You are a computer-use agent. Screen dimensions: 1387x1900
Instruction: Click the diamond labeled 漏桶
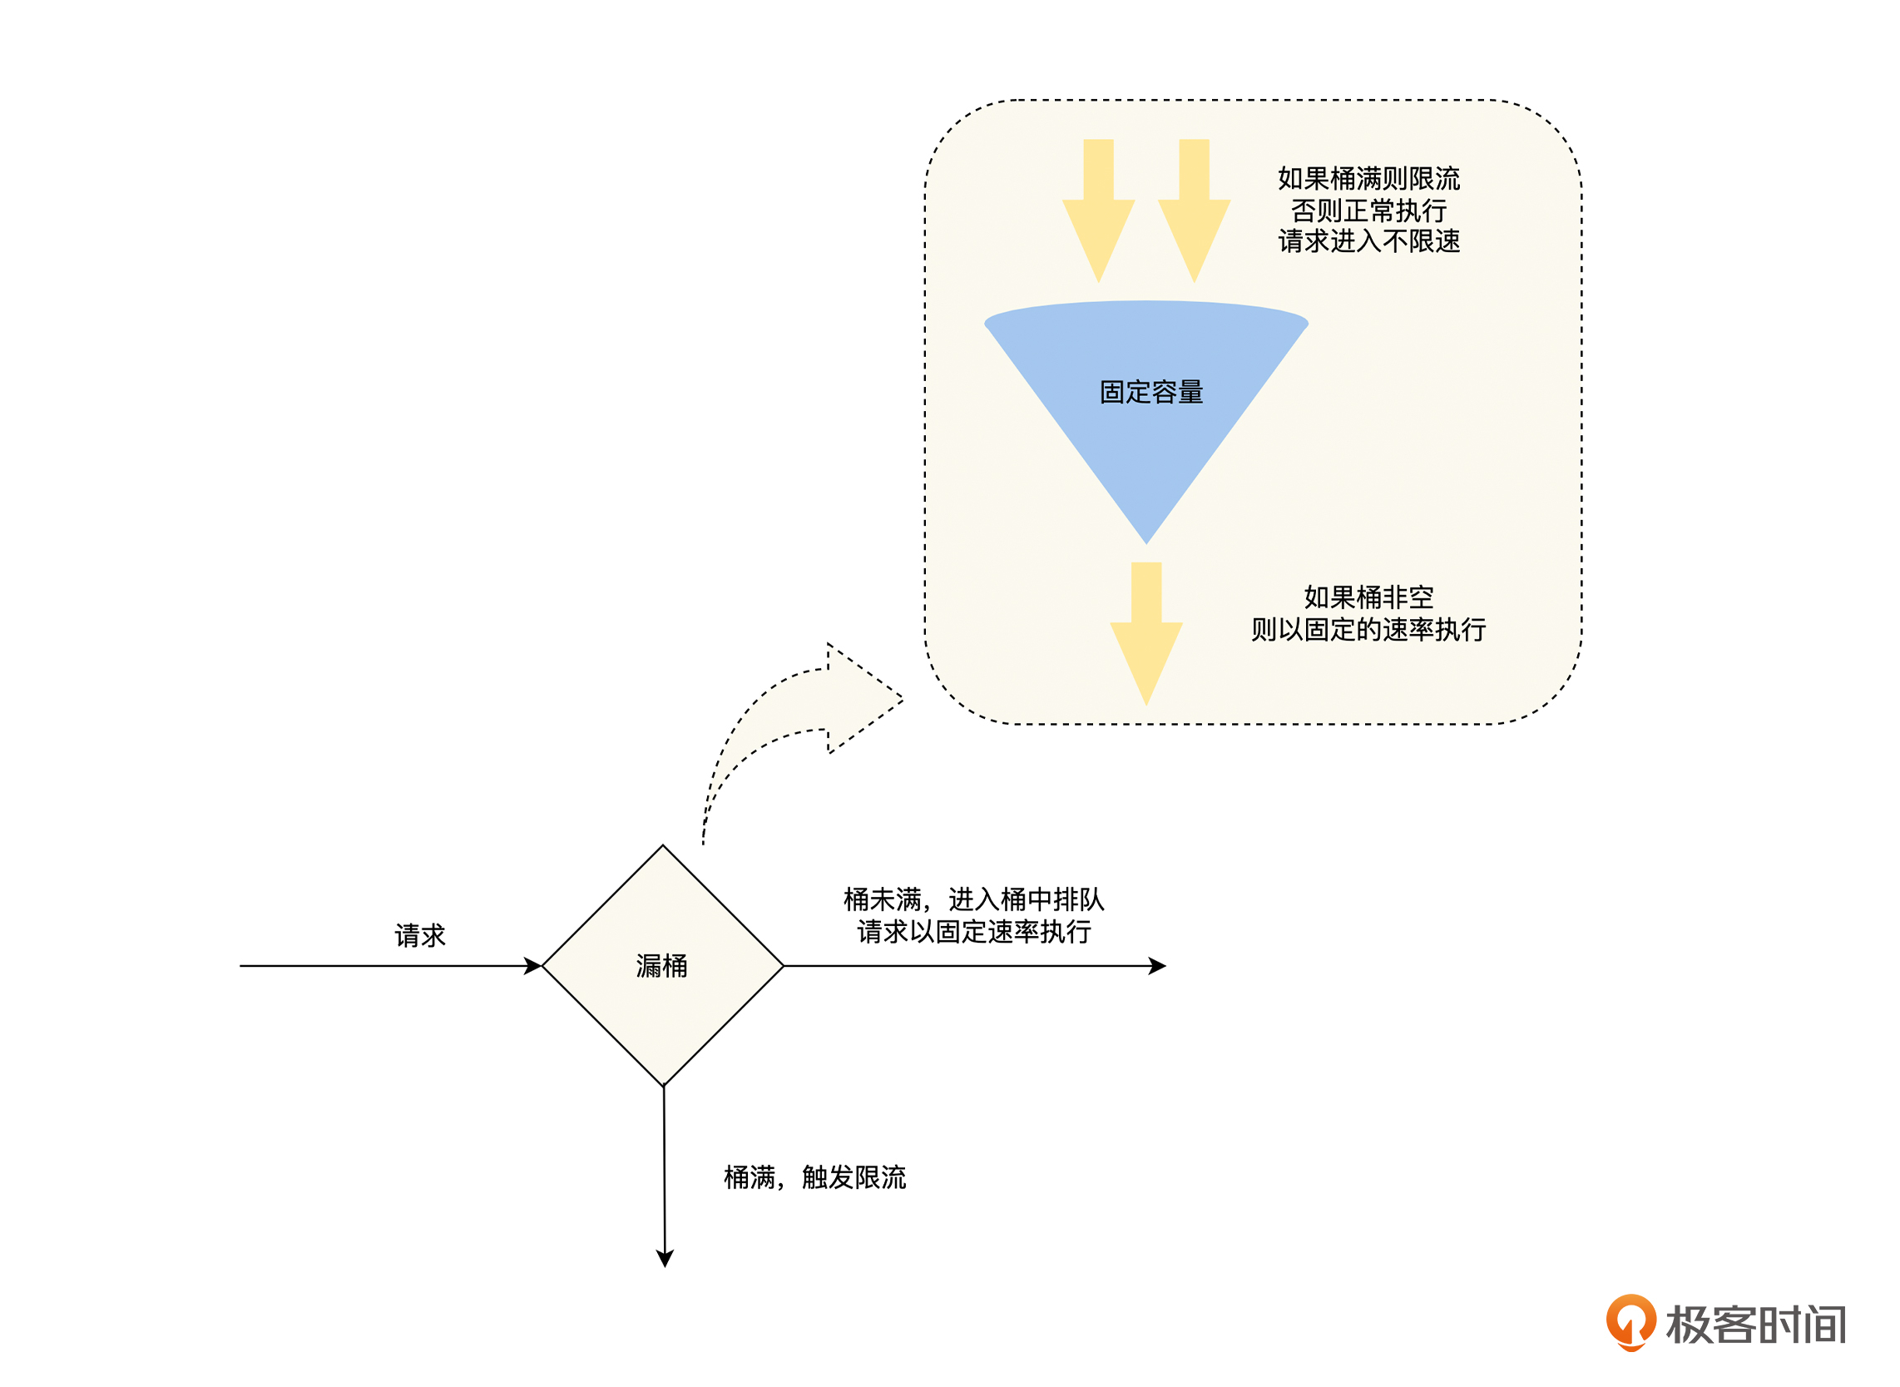663,965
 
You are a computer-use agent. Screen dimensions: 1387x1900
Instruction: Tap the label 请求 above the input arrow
419,935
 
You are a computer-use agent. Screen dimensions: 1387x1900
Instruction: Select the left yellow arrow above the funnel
1099,210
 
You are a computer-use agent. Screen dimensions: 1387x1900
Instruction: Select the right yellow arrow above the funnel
1195,210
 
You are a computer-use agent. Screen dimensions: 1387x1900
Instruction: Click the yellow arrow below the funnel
1146,633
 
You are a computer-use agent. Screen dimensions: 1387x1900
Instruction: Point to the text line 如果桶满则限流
1368,179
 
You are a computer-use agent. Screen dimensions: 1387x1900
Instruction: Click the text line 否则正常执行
1368,210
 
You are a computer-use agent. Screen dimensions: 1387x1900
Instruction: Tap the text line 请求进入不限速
1368,242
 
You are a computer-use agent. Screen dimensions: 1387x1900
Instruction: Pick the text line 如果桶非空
1368,597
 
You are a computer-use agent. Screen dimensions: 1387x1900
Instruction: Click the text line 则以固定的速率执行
1368,630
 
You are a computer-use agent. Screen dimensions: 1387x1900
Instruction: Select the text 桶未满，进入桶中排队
973,900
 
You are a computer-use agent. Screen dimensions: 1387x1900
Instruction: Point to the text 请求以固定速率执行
973,932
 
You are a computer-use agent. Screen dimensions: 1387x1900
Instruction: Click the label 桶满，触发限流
815,1178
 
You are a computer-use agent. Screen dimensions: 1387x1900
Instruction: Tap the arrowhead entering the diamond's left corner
533,966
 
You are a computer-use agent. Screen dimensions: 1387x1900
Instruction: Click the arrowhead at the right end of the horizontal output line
1158,966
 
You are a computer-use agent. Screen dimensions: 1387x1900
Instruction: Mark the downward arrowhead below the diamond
665,1258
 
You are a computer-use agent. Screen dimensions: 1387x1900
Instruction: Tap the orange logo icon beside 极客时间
1630,1322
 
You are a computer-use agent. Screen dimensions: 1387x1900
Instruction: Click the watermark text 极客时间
1755,1325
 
